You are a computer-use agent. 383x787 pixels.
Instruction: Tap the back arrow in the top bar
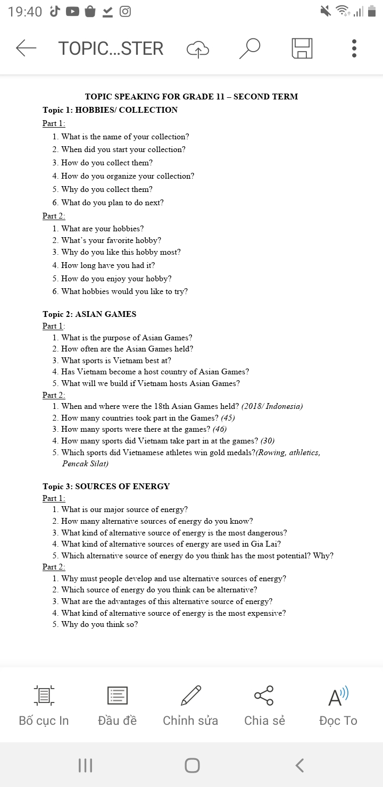(26, 48)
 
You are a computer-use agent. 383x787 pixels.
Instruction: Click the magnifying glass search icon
(249, 48)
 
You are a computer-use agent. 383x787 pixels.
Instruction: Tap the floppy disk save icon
(302, 48)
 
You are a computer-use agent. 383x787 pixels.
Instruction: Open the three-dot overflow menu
(354, 48)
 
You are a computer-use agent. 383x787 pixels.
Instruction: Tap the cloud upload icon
(198, 49)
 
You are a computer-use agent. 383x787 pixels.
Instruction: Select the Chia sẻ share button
(264, 705)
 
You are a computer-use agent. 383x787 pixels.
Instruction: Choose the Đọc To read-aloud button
(338, 705)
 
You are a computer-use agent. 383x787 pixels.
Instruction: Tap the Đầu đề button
(117, 705)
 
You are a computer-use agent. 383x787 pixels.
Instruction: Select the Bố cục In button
(44, 705)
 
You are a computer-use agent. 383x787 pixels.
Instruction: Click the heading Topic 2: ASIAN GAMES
(89, 314)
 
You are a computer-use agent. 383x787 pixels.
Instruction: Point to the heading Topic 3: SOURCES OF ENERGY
(106, 487)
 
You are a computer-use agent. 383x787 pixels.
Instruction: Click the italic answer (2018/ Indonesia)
(272, 406)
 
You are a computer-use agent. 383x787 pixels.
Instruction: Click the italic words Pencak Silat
(85, 464)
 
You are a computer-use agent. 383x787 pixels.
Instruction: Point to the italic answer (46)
(220, 429)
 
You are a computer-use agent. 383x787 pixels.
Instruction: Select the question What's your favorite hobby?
(111, 240)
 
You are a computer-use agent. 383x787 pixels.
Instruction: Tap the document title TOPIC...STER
(111, 48)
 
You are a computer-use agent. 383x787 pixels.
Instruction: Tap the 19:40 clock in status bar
(25, 12)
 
